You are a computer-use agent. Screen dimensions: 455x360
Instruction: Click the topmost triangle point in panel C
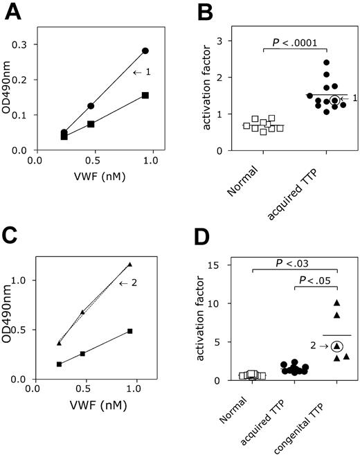click(129, 264)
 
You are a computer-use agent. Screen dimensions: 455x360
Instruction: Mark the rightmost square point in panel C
click(129, 331)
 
